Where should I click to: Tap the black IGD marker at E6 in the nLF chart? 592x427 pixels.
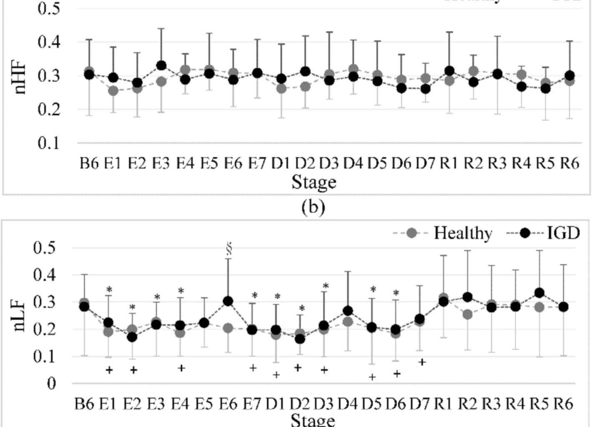point(228,301)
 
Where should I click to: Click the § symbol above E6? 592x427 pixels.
point(228,249)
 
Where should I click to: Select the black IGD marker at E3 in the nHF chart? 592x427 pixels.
point(161,65)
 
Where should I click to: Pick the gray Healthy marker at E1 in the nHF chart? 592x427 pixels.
point(113,90)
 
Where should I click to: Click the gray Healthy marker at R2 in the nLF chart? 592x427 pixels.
point(468,314)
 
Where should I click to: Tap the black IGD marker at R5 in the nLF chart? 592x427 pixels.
point(539,293)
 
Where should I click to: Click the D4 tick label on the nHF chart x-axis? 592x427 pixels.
point(353,163)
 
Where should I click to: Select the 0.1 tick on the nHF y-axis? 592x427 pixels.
point(49,143)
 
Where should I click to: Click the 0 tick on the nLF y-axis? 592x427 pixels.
point(51,383)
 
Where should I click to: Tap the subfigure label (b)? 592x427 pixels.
point(313,207)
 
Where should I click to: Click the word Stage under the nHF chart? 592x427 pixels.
point(314,182)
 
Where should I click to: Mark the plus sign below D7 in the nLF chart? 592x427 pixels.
point(422,362)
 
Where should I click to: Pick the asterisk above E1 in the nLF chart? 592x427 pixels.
point(109,290)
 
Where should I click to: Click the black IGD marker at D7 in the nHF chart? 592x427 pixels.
point(426,89)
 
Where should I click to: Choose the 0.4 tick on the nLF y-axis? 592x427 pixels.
point(46,275)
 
